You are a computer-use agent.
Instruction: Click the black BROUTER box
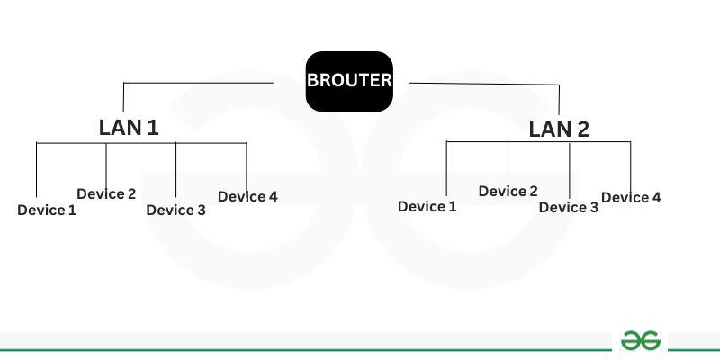click(x=349, y=81)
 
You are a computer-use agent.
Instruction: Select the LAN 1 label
click(x=129, y=128)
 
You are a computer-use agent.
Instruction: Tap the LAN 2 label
click(x=559, y=130)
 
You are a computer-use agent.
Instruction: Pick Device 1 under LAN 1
click(x=47, y=211)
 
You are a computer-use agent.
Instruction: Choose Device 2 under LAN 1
click(x=106, y=193)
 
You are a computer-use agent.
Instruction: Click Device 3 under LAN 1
click(x=175, y=211)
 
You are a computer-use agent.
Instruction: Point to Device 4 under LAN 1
click(x=247, y=196)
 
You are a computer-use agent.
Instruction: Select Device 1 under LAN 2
click(x=427, y=207)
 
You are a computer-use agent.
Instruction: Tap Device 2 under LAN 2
click(x=508, y=191)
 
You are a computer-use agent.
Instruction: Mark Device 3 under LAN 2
click(x=569, y=208)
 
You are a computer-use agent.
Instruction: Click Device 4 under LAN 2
click(x=631, y=197)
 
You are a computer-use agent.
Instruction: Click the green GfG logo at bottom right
click(x=641, y=341)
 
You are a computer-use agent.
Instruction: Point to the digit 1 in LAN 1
click(x=153, y=128)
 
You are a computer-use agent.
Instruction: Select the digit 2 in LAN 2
click(x=582, y=130)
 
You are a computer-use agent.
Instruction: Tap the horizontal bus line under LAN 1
click(x=141, y=143)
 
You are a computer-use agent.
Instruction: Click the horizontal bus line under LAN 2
click(x=538, y=142)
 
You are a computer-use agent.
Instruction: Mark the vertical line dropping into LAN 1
click(x=123, y=97)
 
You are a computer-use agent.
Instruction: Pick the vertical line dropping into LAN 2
click(x=559, y=100)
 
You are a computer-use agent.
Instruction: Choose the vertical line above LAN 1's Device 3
click(x=175, y=170)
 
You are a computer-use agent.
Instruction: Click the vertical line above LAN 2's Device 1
click(x=446, y=169)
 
